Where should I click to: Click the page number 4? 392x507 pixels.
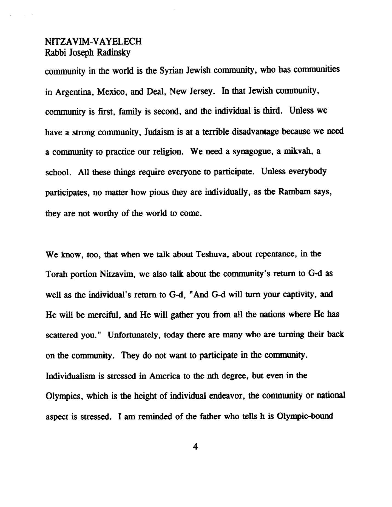pyautogui.click(x=195, y=447)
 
